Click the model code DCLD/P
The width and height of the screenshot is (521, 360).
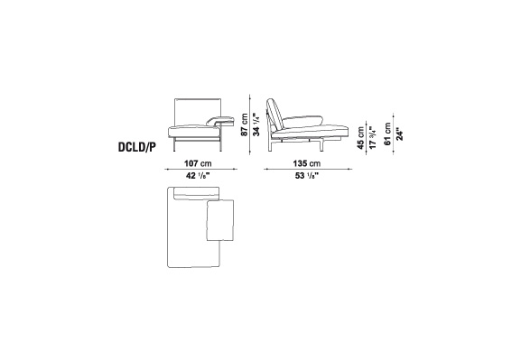(x=137, y=147)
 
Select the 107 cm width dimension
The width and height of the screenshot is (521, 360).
(x=198, y=163)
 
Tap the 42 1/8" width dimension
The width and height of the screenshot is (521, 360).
(x=198, y=176)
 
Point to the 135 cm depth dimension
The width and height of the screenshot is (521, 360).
(x=307, y=163)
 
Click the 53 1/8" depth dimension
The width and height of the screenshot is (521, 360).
(x=307, y=176)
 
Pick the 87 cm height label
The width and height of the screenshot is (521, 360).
(x=245, y=125)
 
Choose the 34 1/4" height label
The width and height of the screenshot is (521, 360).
(x=256, y=125)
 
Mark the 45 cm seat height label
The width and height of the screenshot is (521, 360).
(x=361, y=138)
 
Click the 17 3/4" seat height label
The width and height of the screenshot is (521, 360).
(x=373, y=138)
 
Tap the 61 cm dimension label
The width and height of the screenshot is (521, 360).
(x=387, y=134)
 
